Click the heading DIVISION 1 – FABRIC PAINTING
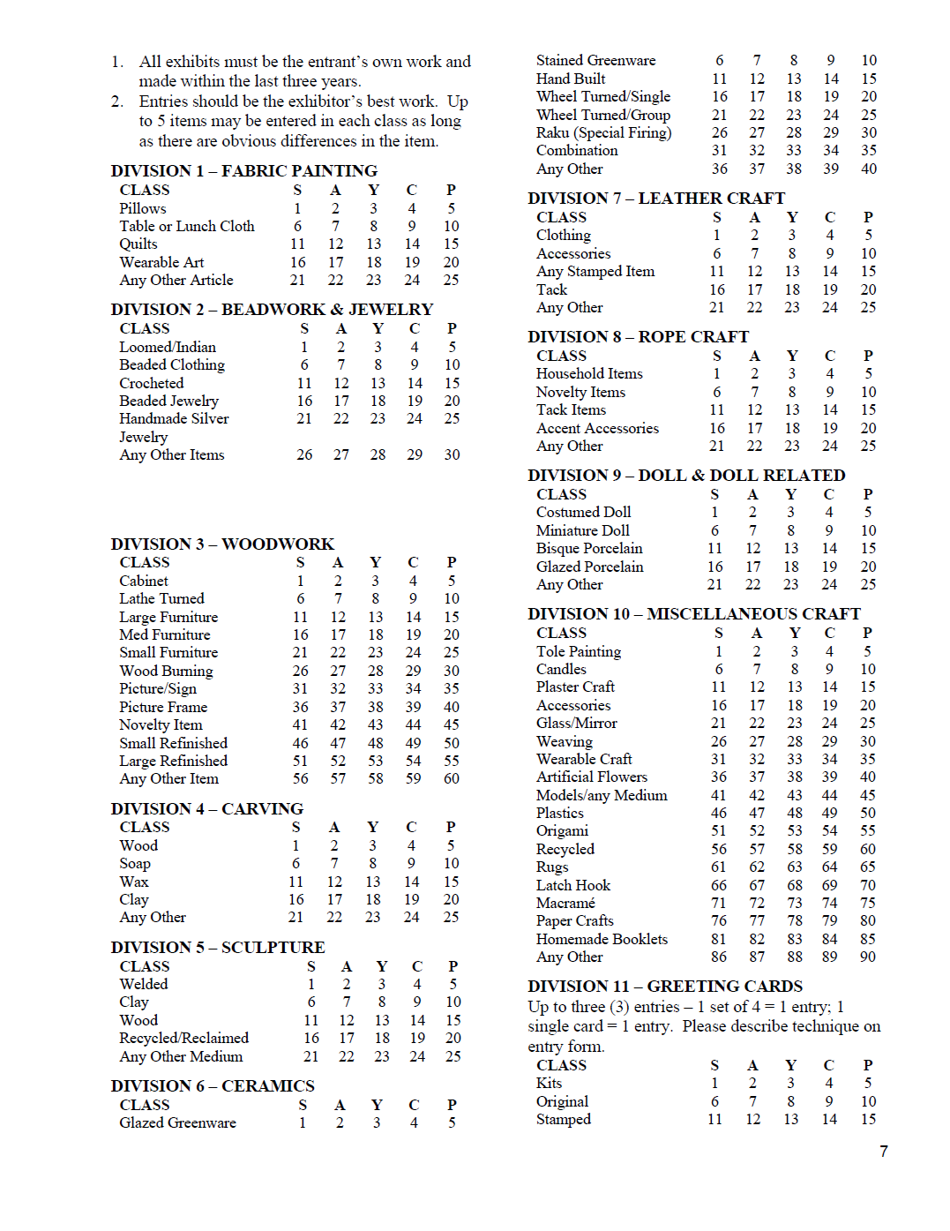coord(243,170)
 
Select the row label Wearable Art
coord(161,262)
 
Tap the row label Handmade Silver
coord(174,418)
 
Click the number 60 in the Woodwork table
coord(452,778)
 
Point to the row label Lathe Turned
coord(161,598)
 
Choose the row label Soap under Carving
coord(135,863)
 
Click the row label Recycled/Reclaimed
coord(183,1038)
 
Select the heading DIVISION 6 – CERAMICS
coord(212,1085)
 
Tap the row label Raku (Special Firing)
coord(603,132)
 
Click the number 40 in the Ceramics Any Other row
coord(869,169)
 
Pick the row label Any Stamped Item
coord(595,271)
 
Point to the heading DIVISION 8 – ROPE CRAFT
coord(638,336)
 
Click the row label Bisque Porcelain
coord(589,548)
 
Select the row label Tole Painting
coord(579,651)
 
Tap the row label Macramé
coord(565,903)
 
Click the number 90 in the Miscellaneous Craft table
coord(868,957)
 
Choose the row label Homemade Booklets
coord(602,939)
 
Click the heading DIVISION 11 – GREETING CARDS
coord(665,986)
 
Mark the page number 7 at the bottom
coord(883,1151)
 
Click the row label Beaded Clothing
coord(172,364)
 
